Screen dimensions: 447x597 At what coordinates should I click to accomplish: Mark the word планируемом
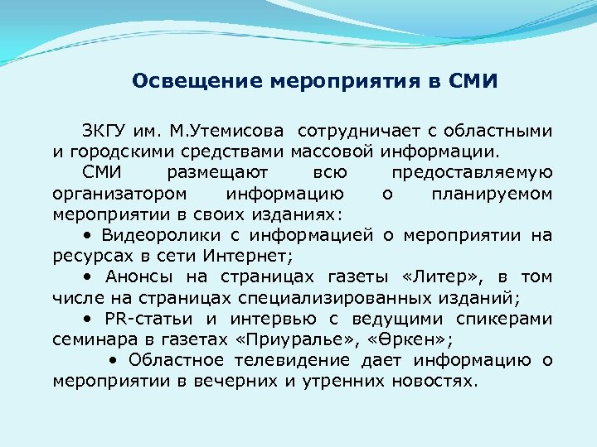[492, 194]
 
